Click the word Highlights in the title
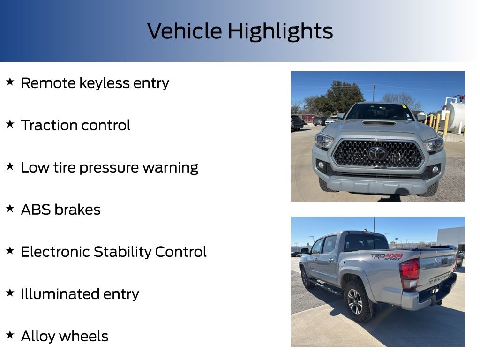280,31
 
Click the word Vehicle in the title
185,31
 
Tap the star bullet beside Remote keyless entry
10,82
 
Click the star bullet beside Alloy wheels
10,335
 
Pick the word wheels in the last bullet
87,336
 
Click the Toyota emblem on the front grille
377,153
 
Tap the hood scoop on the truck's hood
379,123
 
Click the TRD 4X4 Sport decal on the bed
386,256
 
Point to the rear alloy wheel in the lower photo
355,301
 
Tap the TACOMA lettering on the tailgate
439,277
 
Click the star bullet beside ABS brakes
10,209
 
